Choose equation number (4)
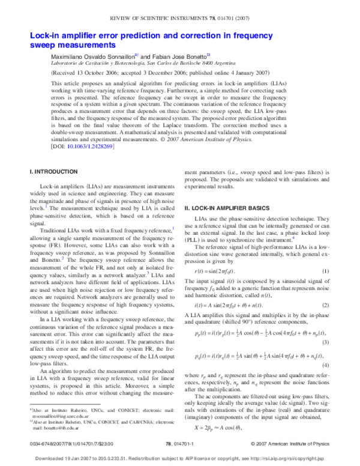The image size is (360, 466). point(325,366)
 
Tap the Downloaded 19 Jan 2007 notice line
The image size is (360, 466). point(180,458)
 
